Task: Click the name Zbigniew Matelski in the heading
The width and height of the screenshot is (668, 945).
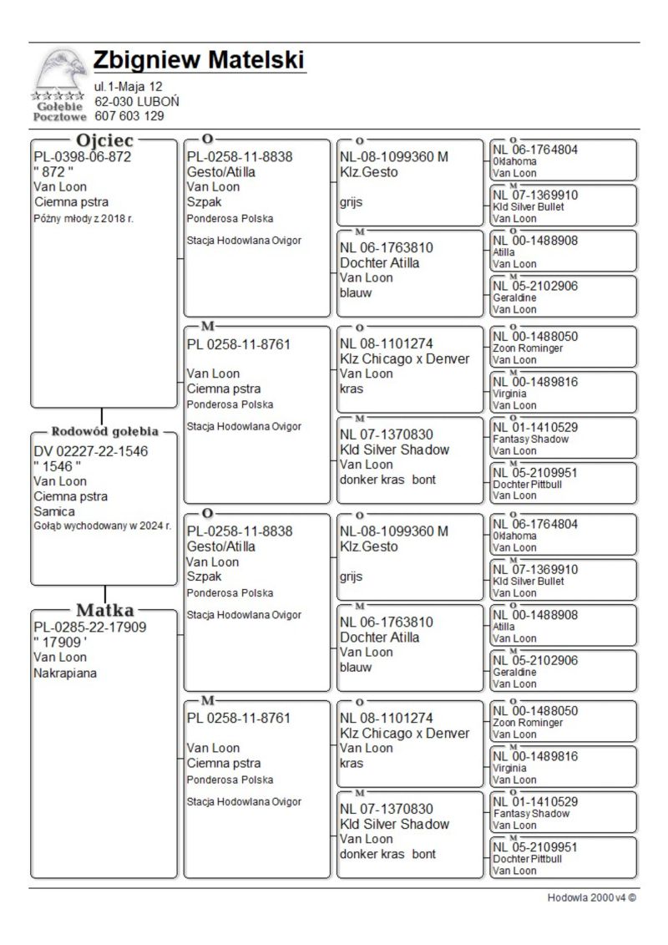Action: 199,61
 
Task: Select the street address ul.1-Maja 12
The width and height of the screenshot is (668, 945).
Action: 128,86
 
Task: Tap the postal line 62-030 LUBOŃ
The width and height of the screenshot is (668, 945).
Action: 136,101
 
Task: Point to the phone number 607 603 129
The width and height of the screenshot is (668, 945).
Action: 129,116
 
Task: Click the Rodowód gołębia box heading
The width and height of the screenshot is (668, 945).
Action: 105,432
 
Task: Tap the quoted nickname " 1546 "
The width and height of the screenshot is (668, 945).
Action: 58,466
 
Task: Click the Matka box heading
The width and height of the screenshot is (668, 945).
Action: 105,610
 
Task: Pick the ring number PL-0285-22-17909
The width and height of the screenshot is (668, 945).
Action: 89,627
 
